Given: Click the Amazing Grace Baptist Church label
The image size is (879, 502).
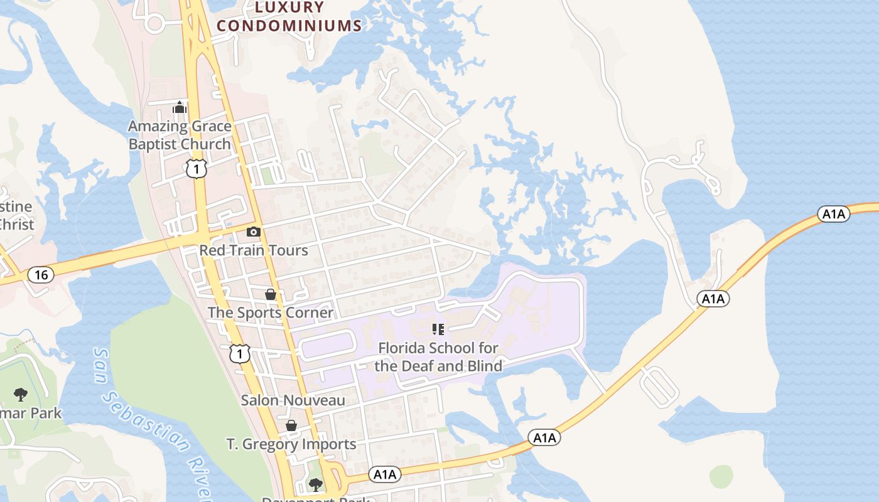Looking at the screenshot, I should pyautogui.click(x=180, y=135).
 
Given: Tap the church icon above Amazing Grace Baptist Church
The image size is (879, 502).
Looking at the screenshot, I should pyautogui.click(x=180, y=108).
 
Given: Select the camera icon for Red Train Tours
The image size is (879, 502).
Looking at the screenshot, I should pyautogui.click(x=254, y=232).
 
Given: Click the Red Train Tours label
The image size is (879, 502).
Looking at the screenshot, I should pyautogui.click(x=254, y=250).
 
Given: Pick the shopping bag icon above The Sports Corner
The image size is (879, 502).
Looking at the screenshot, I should pyautogui.click(x=271, y=294).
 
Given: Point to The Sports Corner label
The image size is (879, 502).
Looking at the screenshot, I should pyautogui.click(x=271, y=312).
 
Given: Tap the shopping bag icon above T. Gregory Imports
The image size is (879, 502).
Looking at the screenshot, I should pyautogui.click(x=291, y=425).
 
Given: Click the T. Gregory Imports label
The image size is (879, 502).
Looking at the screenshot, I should pyautogui.click(x=291, y=444).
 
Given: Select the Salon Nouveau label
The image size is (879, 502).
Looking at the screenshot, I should pyautogui.click(x=293, y=400).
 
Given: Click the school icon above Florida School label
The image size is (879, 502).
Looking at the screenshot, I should pyautogui.click(x=438, y=329).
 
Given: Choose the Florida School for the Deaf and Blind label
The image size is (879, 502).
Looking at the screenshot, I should pyautogui.click(x=438, y=356).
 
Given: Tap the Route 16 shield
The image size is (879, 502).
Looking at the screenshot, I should pyautogui.click(x=41, y=275).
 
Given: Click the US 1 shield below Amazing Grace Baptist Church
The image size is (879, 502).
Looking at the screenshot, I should pyautogui.click(x=197, y=168).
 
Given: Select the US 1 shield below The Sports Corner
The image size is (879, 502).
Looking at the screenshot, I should pyautogui.click(x=239, y=353).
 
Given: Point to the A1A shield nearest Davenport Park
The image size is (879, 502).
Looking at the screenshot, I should pyautogui.click(x=384, y=474).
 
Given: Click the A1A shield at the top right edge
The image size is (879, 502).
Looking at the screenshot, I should pyautogui.click(x=834, y=214).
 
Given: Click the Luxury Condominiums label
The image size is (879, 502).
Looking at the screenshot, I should pyautogui.click(x=289, y=17).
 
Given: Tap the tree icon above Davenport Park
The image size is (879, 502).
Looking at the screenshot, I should pyautogui.click(x=315, y=484).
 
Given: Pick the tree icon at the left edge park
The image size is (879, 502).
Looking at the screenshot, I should pyautogui.click(x=21, y=394).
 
